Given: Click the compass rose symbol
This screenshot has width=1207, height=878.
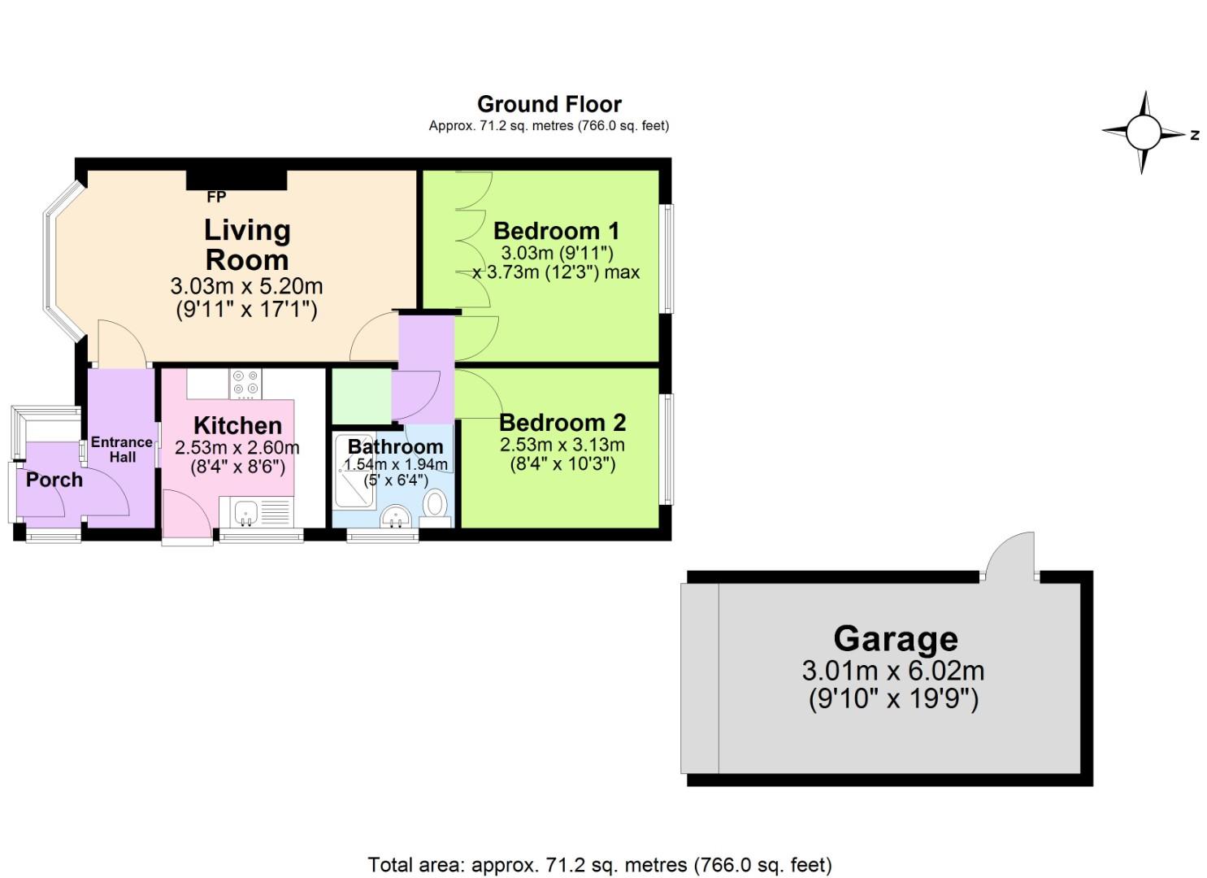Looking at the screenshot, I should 1143,133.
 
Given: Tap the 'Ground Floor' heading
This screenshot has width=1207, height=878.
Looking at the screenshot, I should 549,105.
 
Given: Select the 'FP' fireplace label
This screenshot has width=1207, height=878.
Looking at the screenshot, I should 216,198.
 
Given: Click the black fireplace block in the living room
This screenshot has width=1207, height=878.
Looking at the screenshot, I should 237,180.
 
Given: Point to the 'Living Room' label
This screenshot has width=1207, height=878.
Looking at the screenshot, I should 247,245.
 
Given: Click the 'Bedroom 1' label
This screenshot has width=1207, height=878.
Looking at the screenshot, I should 556,231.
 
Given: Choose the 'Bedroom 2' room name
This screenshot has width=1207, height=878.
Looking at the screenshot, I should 562,423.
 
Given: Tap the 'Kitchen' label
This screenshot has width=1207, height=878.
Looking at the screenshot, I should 237,425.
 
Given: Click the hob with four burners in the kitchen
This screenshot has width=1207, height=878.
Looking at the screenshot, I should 245,385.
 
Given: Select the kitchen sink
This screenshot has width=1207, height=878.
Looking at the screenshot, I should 246,513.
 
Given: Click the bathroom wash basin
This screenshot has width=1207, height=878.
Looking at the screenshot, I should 396,515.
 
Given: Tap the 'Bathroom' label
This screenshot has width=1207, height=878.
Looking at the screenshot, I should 395,446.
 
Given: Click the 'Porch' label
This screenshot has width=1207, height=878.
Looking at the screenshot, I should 54,480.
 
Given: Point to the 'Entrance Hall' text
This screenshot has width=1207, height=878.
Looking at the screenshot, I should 122,450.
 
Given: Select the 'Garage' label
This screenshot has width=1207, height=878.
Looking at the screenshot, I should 895,639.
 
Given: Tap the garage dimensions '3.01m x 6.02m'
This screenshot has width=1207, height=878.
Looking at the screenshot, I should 892,672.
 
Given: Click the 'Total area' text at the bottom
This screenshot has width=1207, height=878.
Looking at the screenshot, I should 600,865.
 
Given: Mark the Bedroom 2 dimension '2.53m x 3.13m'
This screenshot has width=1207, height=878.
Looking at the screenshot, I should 562,446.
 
